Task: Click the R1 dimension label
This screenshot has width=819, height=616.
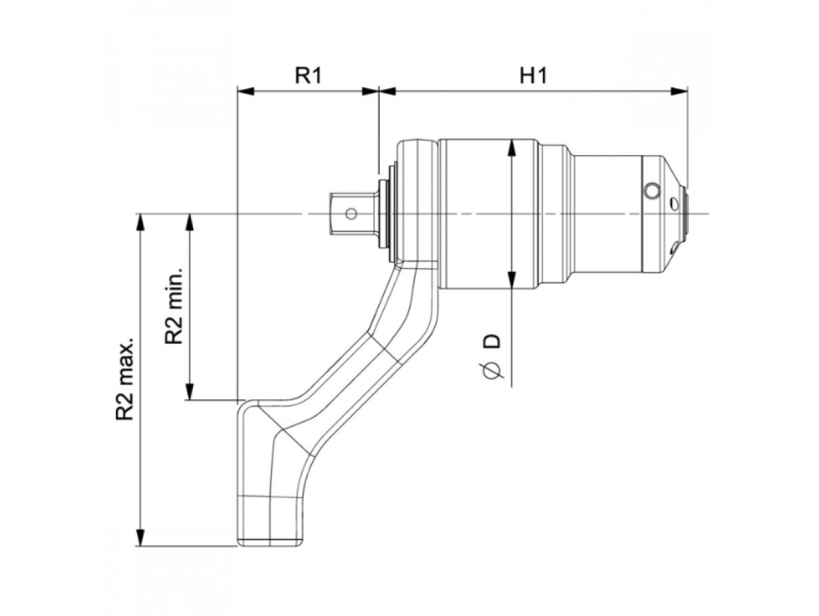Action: point(308,76)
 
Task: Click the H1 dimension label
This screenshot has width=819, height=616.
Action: point(533,76)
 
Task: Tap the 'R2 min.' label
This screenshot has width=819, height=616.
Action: point(173,305)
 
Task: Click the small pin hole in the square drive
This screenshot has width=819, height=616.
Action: point(351,214)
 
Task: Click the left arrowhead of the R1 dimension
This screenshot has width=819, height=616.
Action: point(246,91)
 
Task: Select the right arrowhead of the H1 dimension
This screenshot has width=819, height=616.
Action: point(679,91)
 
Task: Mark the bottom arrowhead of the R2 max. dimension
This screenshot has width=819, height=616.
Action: point(140,537)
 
